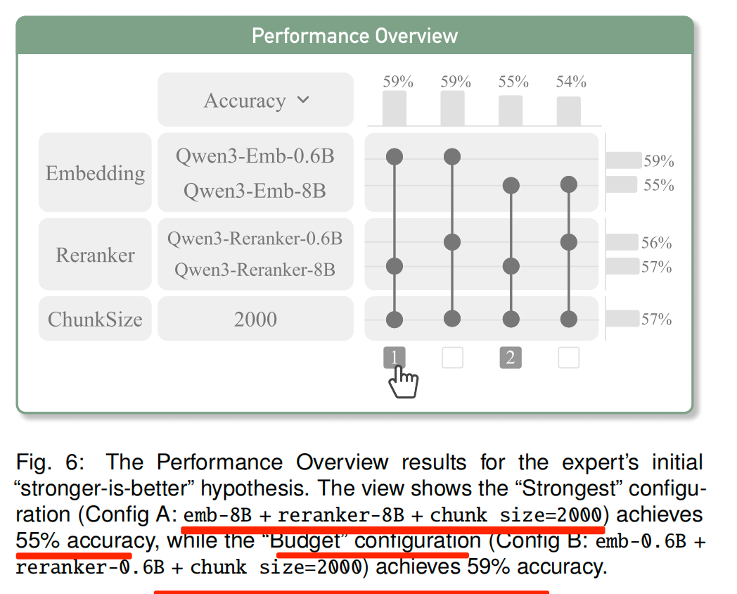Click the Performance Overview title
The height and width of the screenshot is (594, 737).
(354, 36)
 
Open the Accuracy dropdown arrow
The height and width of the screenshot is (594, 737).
(303, 100)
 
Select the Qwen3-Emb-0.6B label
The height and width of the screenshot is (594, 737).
(255, 156)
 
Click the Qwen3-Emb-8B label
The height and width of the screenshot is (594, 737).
(255, 191)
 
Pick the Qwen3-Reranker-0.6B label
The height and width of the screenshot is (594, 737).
(255, 239)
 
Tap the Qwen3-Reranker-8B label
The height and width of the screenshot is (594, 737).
(255, 270)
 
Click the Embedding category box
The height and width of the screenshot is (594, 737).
(95, 172)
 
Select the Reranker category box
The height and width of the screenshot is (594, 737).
(95, 254)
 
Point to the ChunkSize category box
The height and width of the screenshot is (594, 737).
(95, 319)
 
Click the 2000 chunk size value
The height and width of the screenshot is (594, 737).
(255, 319)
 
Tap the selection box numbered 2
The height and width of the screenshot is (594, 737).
(511, 358)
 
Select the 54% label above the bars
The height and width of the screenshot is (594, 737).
(570, 82)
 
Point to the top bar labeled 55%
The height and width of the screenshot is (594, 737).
(511, 111)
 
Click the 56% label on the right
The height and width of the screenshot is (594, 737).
(657, 244)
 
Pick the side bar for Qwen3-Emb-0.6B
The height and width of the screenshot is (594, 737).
(623, 160)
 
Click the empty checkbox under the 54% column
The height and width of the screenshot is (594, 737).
(568, 358)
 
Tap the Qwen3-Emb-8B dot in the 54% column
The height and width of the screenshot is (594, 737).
(568, 185)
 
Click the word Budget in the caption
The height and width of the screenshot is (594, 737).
(306, 541)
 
